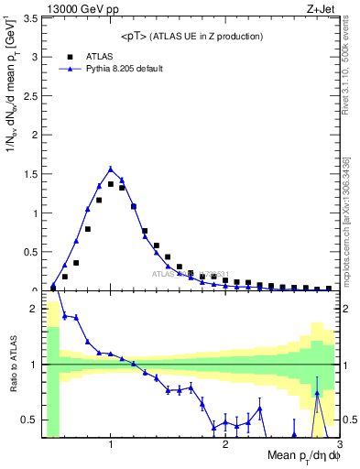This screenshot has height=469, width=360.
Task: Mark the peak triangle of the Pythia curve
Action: [x=111, y=169]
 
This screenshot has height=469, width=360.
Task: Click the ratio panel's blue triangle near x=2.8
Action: [x=317, y=393]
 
